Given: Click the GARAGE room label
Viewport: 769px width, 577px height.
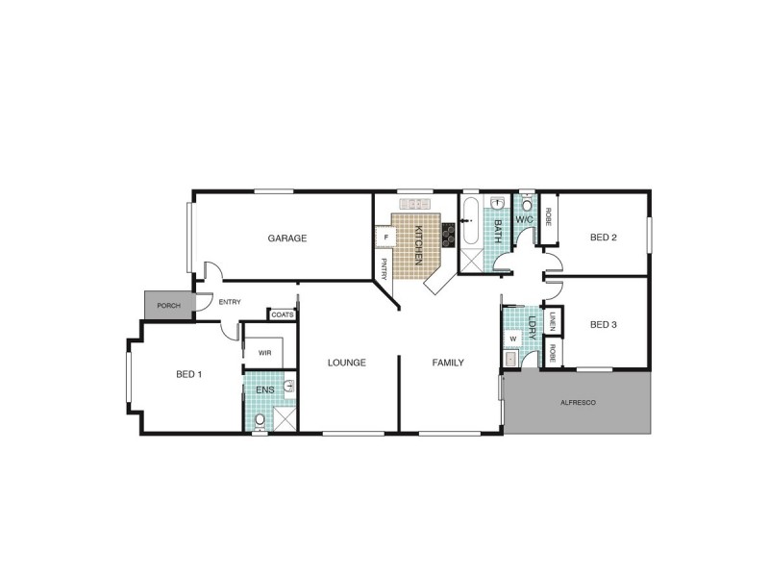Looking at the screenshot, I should pyautogui.click(x=286, y=238).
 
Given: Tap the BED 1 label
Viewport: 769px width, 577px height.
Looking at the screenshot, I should pyautogui.click(x=188, y=373).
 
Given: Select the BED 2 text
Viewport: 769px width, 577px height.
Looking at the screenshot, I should pyautogui.click(x=603, y=238).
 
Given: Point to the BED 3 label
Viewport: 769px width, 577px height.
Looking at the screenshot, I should pyautogui.click(x=603, y=324).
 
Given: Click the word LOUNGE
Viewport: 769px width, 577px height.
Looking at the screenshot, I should pyautogui.click(x=347, y=363).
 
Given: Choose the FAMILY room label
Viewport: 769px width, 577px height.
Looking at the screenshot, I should pyautogui.click(x=448, y=363).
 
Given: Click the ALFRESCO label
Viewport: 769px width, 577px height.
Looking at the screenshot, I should pyautogui.click(x=577, y=401).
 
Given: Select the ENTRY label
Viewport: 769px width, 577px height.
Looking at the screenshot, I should pyautogui.click(x=230, y=302).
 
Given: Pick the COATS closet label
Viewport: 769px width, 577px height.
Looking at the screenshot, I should pyautogui.click(x=282, y=314).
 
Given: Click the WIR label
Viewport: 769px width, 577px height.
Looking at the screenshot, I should pyautogui.click(x=265, y=353).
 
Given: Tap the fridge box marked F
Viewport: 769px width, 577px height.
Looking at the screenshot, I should pyautogui.click(x=385, y=236).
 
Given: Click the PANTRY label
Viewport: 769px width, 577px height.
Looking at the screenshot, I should pyautogui.click(x=384, y=268).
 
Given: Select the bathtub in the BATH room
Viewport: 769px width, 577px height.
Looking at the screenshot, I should pyautogui.click(x=470, y=224).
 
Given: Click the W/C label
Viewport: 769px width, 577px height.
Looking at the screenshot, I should pyautogui.click(x=525, y=220).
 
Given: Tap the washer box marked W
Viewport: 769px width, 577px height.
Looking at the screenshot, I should pyautogui.click(x=512, y=339).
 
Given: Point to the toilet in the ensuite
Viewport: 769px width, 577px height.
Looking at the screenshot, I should pyautogui.click(x=259, y=418).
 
